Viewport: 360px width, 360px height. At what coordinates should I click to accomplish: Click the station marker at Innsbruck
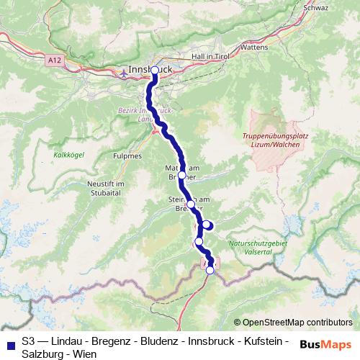click(x=155, y=70)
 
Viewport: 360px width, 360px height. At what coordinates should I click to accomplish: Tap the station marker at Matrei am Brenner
click(x=181, y=175)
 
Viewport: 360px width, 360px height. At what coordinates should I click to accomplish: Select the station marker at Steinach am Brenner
click(x=191, y=204)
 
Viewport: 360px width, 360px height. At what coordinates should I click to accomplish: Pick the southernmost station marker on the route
click(x=210, y=271)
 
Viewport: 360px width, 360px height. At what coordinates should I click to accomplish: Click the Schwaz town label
click(x=317, y=8)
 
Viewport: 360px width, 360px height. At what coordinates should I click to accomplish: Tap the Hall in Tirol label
click(x=210, y=55)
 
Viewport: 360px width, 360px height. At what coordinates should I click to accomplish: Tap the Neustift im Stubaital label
click(x=106, y=189)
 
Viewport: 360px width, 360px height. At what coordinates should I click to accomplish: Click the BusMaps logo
click(x=325, y=343)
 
